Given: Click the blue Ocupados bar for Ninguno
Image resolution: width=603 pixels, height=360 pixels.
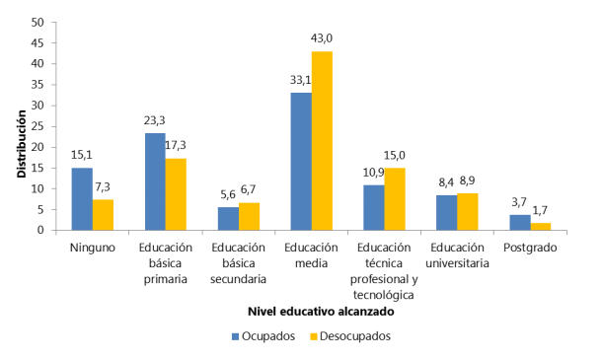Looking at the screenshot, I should [x=81, y=199].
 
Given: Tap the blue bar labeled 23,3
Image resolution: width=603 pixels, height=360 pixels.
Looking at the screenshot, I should [x=155, y=181].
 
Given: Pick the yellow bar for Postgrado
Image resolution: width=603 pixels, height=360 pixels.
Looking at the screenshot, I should [x=540, y=227].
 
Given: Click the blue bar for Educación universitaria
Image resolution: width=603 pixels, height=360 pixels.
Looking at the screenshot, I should [x=446, y=213].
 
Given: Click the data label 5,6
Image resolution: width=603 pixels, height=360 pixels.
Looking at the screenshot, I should [x=226, y=194].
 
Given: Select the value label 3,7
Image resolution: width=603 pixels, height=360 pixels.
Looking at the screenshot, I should [x=519, y=202].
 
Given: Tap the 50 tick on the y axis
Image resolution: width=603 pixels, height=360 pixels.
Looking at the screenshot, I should [x=37, y=22].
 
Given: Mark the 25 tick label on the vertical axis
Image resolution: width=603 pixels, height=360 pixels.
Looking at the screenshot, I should [x=37, y=126].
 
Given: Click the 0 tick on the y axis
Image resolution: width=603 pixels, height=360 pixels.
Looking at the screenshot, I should [x=39, y=231].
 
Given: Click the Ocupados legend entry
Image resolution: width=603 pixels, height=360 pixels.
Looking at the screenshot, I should [x=263, y=336].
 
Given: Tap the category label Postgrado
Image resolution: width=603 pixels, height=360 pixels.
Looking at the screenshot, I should [x=529, y=249].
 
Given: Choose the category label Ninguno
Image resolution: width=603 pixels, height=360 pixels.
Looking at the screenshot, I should [x=92, y=249].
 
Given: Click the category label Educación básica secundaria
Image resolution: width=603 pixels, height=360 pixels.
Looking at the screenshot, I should [x=238, y=262].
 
